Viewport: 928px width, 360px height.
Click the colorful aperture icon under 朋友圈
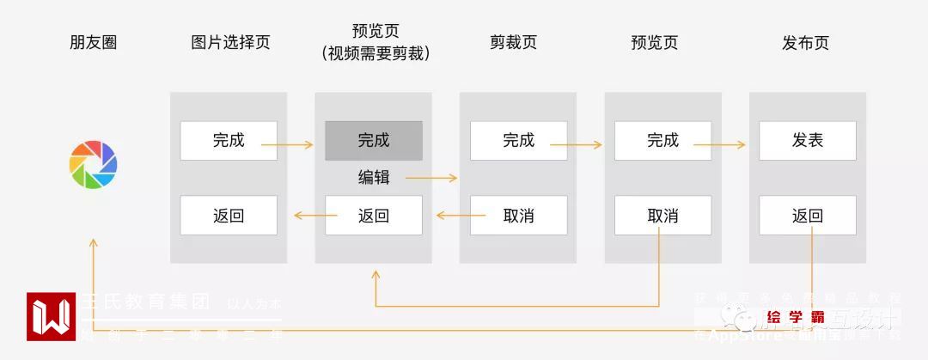[x=93, y=165]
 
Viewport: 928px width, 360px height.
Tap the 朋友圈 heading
[x=93, y=43]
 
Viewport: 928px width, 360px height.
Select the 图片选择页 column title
[x=230, y=43]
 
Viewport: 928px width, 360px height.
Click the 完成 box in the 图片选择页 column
[x=229, y=140]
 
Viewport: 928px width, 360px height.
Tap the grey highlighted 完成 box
[x=374, y=140]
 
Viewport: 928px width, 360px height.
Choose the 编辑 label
[x=374, y=178]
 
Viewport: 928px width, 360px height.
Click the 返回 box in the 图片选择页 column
[x=229, y=215]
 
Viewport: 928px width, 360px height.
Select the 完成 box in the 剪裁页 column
[x=518, y=140]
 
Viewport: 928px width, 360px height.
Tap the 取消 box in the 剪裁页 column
[x=518, y=215]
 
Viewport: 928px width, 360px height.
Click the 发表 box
[x=808, y=140]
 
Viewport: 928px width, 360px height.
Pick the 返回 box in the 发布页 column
[x=808, y=215]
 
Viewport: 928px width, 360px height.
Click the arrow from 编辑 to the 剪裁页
[x=431, y=179]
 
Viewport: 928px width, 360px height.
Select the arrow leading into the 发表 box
[x=719, y=145]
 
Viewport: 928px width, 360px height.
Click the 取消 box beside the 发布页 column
[x=662, y=215]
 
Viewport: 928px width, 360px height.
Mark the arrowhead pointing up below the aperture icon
[x=93, y=244]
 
